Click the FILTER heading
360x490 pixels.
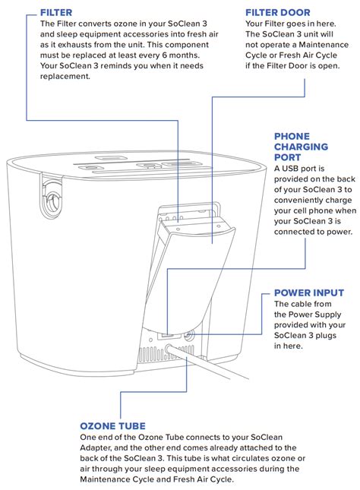56,12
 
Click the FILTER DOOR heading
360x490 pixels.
279,12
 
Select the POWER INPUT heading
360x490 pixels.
308,292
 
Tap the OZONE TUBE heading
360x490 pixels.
112,426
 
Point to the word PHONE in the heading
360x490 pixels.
292,137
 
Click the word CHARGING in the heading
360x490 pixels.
301,147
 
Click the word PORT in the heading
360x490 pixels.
289,157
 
